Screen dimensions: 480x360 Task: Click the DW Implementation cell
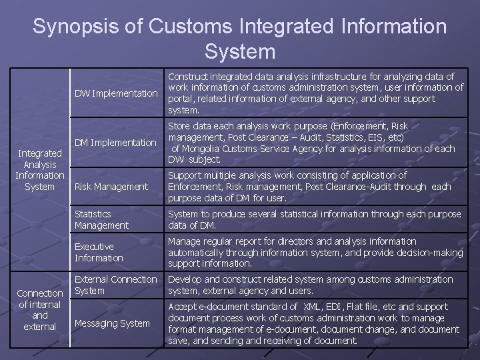(116, 93)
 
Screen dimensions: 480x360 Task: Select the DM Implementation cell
(115, 143)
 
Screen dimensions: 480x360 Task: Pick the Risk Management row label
(111, 187)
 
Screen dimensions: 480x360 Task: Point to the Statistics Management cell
(102, 220)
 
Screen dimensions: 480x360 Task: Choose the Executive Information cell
(99, 252)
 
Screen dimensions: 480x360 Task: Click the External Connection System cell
(116, 285)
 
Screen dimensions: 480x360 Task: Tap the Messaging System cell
(112, 323)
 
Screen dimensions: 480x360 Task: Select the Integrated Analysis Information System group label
(39, 170)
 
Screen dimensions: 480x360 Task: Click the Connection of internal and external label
(39, 310)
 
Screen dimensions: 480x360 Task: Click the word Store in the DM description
(179, 126)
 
